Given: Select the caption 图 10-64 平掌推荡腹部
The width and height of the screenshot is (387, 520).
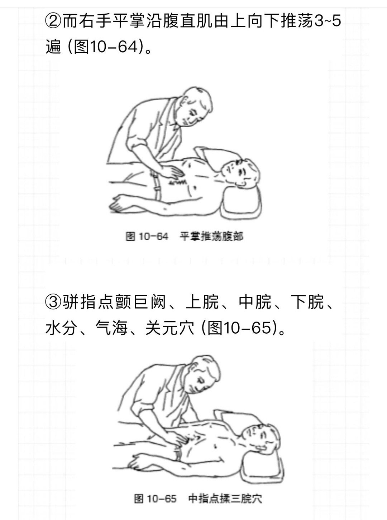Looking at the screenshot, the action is (x=185, y=236).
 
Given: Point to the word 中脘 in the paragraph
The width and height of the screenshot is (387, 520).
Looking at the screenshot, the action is (x=255, y=302).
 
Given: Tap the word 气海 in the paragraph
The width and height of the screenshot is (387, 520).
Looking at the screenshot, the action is (x=111, y=328).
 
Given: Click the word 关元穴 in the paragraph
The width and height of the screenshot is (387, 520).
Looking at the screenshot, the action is (x=170, y=328).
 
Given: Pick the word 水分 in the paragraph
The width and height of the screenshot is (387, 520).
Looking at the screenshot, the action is (x=62, y=328).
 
